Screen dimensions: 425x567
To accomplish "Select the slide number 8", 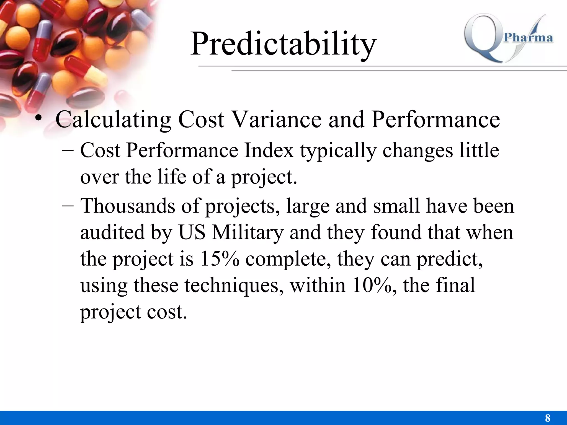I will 547,418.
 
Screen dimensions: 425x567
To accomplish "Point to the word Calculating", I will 113,120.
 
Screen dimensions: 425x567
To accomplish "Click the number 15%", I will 219,259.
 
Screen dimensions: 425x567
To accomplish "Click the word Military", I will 248,232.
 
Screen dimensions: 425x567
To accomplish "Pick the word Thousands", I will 128,206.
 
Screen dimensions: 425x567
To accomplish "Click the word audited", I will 112,232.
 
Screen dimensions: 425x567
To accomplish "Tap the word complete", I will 288,260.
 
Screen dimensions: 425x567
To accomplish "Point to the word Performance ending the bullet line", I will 435,120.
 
